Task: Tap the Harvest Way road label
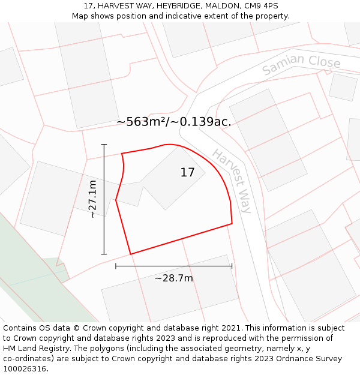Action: click(x=232, y=178)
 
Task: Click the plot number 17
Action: click(x=187, y=173)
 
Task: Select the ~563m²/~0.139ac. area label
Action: click(x=174, y=122)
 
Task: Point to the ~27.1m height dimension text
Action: click(x=92, y=199)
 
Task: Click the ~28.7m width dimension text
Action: click(x=174, y=278)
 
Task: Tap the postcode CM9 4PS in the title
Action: click(x=262, y=6)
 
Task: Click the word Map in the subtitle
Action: click(x=80, y=16)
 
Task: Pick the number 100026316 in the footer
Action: click(x=24, y=369)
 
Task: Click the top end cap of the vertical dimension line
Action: click(x=104, y=145)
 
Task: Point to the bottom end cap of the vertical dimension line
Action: click(x=104, y=254)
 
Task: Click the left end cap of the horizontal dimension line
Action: click(x=116, y=266)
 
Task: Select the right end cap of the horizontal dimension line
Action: click(x=232, y=266)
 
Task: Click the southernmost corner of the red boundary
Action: click(x=130, y=254)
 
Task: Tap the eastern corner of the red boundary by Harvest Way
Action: click(x=232, y=224)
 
